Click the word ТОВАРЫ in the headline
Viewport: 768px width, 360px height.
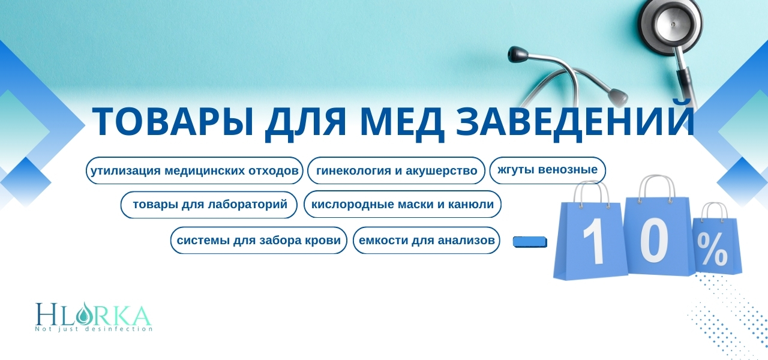coord(173,122)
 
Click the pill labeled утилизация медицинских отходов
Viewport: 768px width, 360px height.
coord(194,170)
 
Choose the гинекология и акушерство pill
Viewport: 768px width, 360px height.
coord(397,170)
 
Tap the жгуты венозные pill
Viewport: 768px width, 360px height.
coord(548,170)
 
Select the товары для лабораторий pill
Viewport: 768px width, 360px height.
coord(209,205)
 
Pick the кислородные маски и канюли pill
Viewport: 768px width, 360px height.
coord(403,205)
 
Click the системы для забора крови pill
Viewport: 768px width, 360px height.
coord(259,241)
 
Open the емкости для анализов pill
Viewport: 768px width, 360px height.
coord(427,241)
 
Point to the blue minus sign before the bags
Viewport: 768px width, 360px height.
coord(530,242)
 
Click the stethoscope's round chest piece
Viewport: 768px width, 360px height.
coord(670,24)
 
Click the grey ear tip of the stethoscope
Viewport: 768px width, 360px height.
coord(618,97)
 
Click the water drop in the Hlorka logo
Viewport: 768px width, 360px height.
coord(83,314)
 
